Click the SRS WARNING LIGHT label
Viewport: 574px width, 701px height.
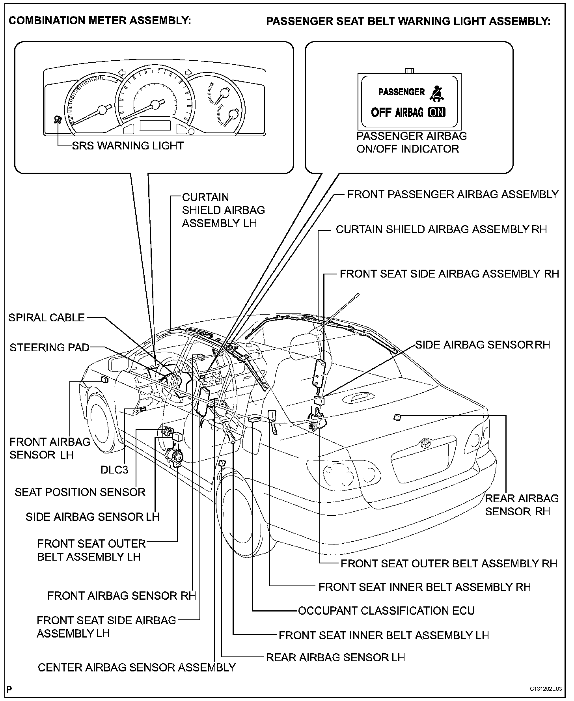128,145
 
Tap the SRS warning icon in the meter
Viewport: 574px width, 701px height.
58,119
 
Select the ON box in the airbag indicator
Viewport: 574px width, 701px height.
436,112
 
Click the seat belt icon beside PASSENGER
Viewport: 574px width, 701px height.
436,93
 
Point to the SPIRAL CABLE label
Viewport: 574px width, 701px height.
47,317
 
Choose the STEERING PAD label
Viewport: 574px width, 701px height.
49,347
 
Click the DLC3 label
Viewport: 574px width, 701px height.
114,470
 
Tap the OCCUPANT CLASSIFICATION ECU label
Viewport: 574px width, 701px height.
386,611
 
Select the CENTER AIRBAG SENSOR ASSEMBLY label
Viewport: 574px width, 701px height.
136,667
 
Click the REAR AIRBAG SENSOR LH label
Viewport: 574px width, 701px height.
335,657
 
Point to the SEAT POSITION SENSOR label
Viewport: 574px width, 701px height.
80,492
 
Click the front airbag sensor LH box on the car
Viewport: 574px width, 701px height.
105,379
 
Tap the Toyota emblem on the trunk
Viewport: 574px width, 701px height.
425,443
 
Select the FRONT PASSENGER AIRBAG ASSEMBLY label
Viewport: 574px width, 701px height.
453,194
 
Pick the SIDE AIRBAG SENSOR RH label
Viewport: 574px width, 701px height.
483,345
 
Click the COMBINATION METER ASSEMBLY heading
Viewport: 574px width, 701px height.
100,21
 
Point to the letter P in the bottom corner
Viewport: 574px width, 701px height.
9,689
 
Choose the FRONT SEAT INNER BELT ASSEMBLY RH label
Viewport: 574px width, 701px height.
425,587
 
